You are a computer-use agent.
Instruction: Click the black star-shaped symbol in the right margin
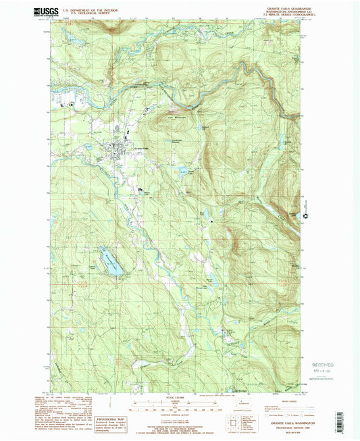tap(306, 217)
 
